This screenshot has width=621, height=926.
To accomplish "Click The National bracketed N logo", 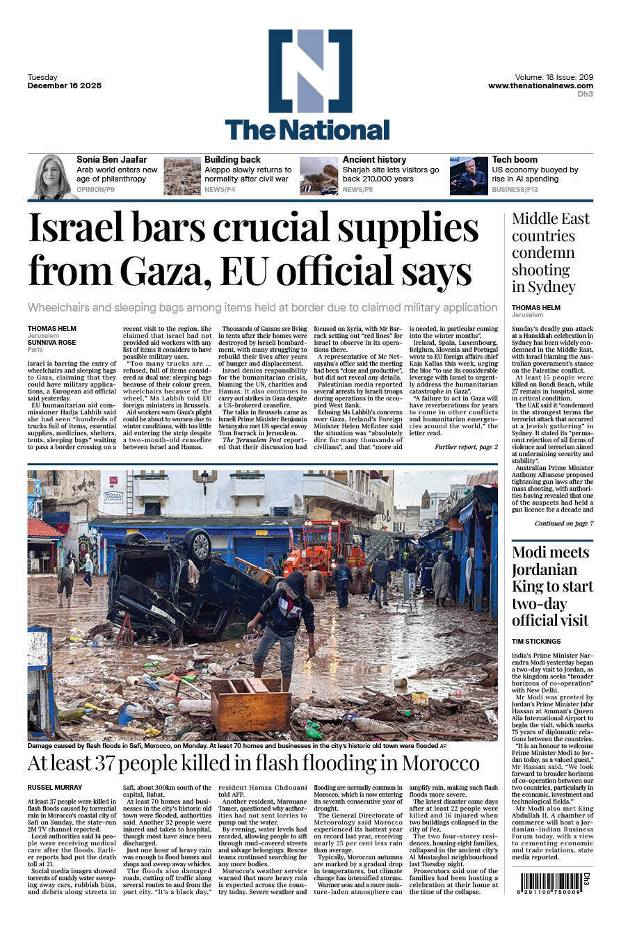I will point(309,70).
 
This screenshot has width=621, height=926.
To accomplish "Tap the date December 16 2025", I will point(65,86).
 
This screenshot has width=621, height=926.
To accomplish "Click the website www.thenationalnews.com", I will point(540,86).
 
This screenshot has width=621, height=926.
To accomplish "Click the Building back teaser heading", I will point(232,160).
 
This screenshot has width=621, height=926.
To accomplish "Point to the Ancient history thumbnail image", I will point(318,176).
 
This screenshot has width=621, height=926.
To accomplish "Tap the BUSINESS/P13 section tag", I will point(515,189).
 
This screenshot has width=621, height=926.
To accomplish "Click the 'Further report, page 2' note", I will point(465,447).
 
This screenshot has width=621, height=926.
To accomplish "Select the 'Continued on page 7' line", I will point(563,523).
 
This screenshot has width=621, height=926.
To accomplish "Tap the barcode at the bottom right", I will point(551,883).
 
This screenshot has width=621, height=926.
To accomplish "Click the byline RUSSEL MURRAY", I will point(55,787).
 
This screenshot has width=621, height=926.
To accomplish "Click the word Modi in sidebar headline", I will point(532,553).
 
